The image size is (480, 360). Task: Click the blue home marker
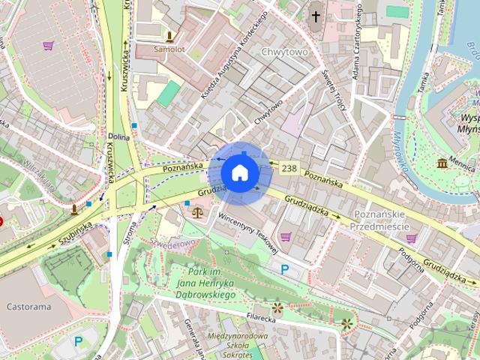[240, 172]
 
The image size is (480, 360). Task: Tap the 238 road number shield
[289, 169]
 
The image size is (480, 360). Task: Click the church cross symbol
[316, 16]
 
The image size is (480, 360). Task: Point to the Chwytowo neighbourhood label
[286, 52]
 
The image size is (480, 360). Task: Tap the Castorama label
[28, 307]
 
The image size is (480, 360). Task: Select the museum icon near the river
[442, 163]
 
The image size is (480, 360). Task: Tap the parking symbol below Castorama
[79, 341]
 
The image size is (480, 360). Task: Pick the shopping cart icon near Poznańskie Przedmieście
[412, 238]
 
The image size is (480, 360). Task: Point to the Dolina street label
[118, 137]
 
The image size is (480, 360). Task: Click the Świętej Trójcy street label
[327, 89]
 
